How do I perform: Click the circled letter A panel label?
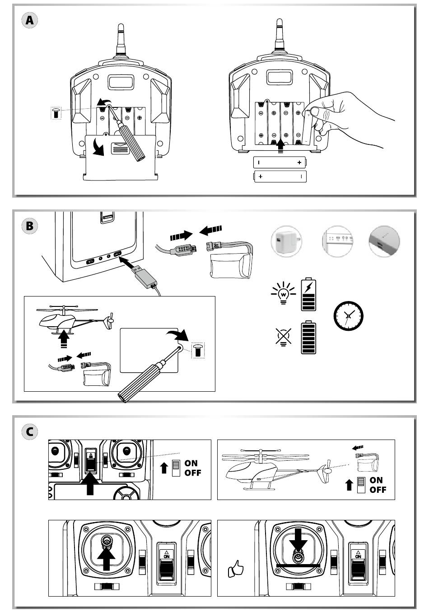[x=29, y=20]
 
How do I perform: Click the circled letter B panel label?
[x=29, y=226]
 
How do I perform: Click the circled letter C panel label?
[x=29, y=431]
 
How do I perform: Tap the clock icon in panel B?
[x=348, y=316]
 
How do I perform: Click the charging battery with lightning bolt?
[x=308, y=294]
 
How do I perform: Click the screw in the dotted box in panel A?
[x=56, y=113]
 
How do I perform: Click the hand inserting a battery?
[x=350, y=118]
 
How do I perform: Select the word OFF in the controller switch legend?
[x=193, y=473]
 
